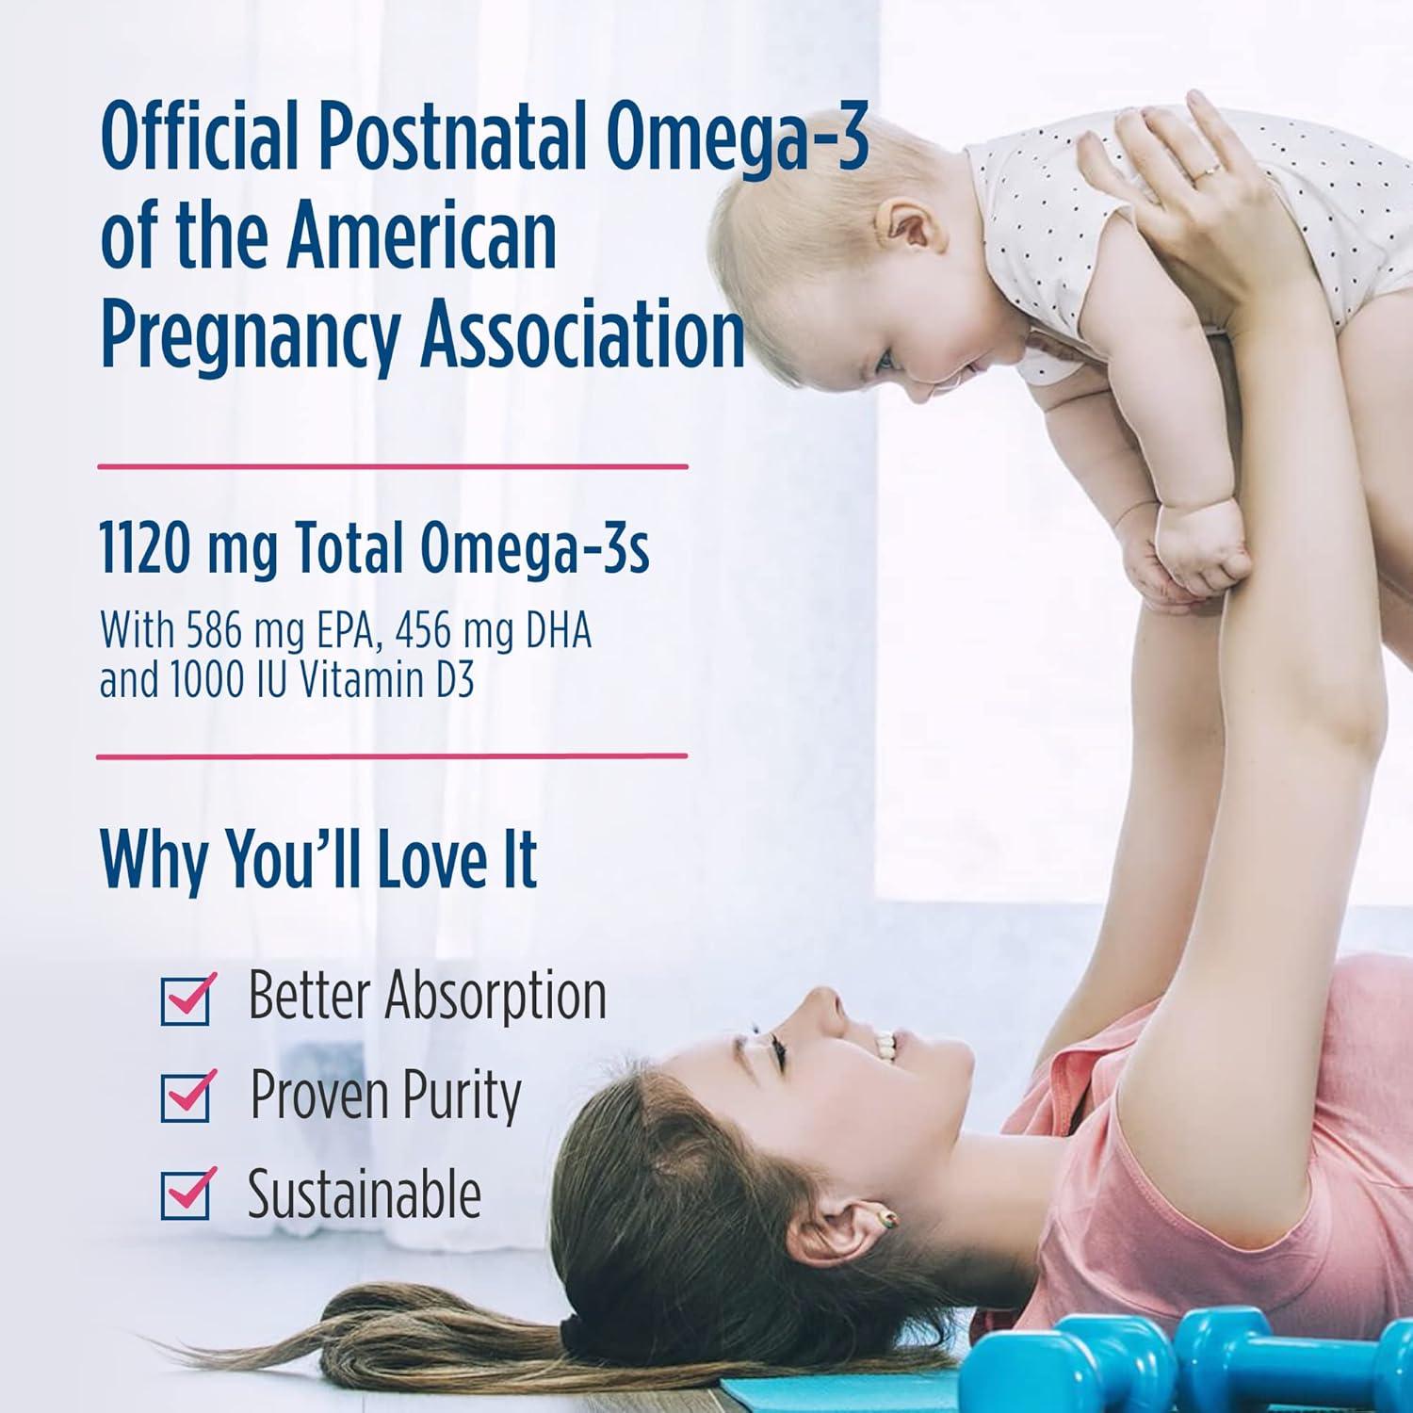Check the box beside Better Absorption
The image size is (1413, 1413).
[187, 999]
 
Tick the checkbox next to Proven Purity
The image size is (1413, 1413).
[187, 1096]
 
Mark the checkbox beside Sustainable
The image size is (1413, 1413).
[187, 1194]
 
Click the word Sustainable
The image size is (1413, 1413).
[364, 1194]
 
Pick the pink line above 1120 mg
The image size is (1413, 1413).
[393, 465]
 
